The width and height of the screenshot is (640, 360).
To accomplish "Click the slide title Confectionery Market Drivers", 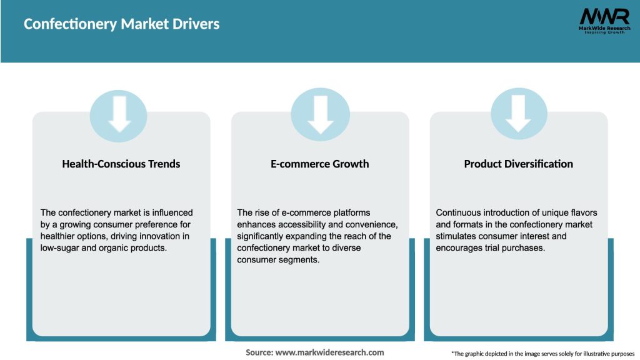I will pos(121,24).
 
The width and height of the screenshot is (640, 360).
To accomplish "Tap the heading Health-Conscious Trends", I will pos(121,164).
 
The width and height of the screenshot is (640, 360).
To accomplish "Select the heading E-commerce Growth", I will pos(320,164).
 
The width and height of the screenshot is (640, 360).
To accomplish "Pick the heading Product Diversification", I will pos(518,164).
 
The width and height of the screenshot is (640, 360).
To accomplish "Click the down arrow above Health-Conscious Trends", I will pos(119,114).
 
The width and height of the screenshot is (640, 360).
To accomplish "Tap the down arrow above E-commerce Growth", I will pos(320,114).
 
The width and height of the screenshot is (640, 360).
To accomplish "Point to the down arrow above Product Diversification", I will pos(519,114).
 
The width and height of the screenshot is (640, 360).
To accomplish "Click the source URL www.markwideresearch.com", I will pos(330,352).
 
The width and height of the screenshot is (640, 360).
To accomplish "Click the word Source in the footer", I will pos(259,352).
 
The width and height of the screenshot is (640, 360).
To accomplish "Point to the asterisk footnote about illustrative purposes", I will pos(542,354).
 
